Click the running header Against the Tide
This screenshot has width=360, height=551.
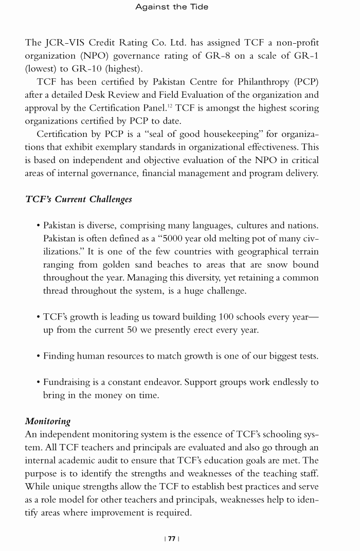172,7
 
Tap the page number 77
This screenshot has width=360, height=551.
171,539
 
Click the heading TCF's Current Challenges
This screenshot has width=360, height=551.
78,199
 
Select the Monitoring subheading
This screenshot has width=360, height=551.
48,420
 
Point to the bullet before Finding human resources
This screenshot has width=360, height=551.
39,356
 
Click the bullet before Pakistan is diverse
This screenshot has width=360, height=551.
39,225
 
